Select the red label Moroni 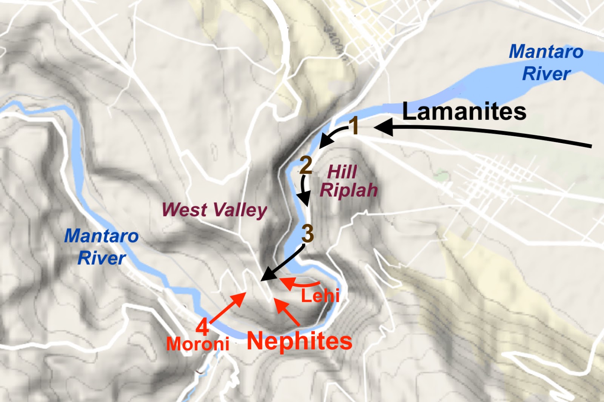(198, 344)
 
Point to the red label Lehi (320, 295)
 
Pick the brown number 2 (306, 165)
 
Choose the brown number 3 (308, 234)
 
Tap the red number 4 (202, 327)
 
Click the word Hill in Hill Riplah (342, 172)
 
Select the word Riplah (348, 190)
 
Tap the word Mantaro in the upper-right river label (546, 52)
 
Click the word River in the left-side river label (102, 258)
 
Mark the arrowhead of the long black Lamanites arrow (382, 127)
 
